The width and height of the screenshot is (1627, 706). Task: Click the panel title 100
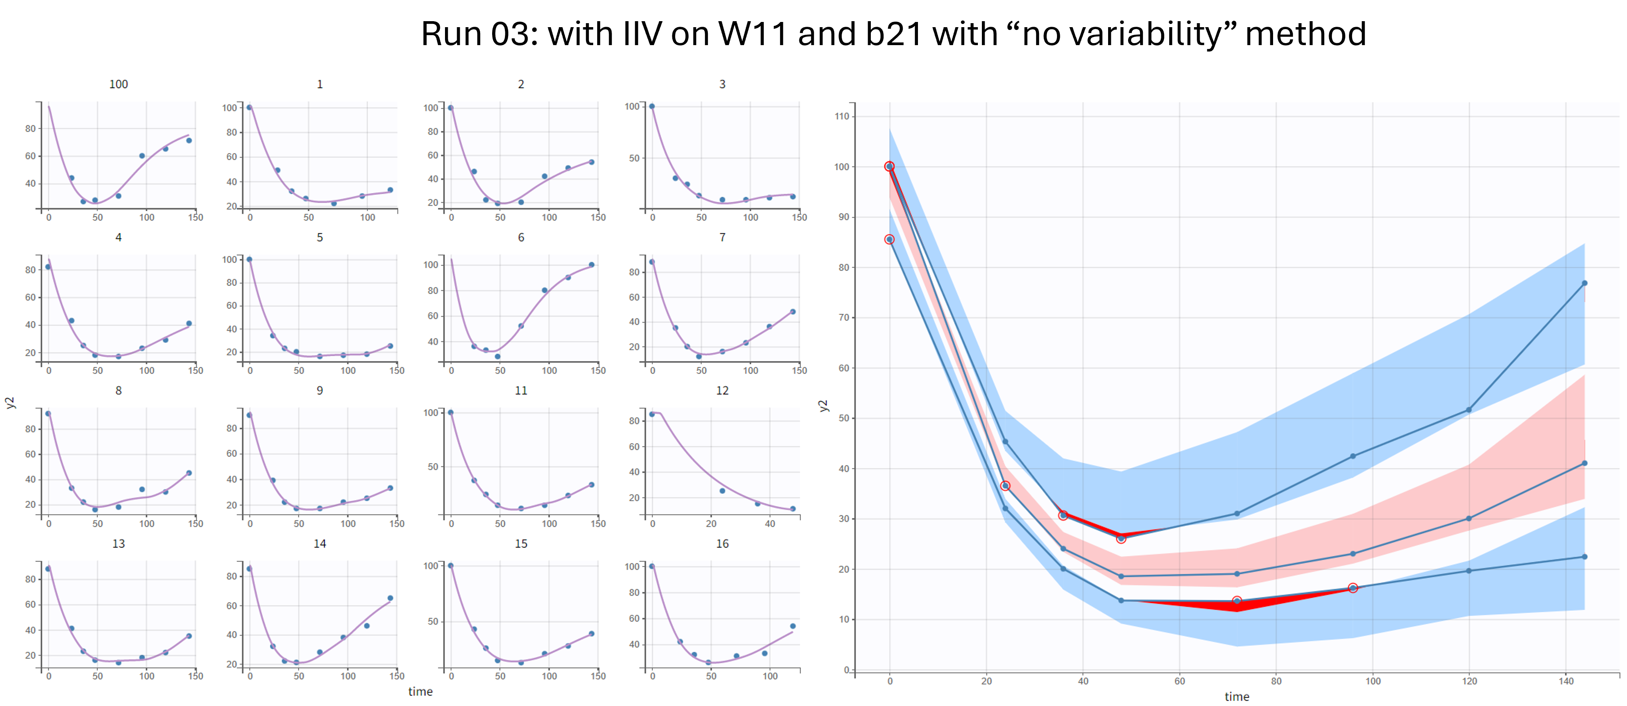[118, 84]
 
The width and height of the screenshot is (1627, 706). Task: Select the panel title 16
[722, 544]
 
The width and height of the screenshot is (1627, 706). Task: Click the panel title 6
[520, 238]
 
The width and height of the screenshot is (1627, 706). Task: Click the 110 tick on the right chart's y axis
[841, 116]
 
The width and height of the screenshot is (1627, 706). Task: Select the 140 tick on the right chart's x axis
[1566, 681]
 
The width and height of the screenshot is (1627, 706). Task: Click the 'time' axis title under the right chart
[1237, 696]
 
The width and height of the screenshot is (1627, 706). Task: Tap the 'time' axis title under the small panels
[420, 692]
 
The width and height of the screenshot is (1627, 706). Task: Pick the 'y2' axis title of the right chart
[822, 405]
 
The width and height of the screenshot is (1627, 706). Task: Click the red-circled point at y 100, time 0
[889, 167]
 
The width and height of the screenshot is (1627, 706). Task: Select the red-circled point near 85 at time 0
[889, 239]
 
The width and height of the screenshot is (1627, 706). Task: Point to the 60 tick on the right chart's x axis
[1179, 681]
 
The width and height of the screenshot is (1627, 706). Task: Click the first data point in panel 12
[652, 414]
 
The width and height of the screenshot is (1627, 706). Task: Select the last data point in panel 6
[591, 265]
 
